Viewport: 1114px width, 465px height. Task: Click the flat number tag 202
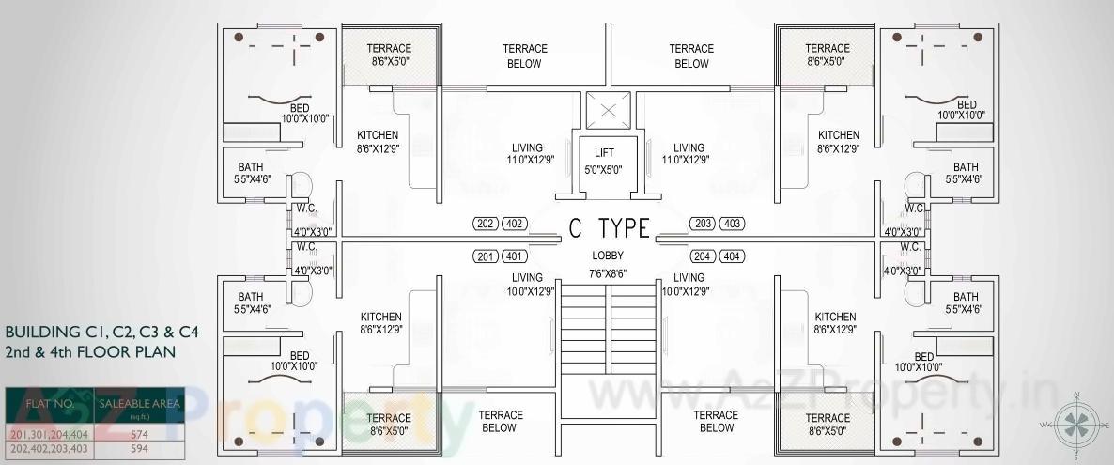pyautogui.click(x=486, y=225)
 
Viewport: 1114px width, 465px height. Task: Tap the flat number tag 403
pyautogui.click(x=733, y=225)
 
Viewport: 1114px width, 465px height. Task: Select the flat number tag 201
pyautogui.click(x=486, y=256)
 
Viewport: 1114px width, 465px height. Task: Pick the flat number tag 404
pyautogui.click(x=733, y=256)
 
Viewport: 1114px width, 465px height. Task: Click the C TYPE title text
pyautogui.click(x=609, y=227)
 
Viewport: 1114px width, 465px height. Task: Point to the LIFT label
pyautogui.click(x=604, y=153)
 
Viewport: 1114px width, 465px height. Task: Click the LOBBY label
pyautogui.click(x=608, y=256)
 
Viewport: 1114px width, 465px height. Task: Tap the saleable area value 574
pyautogui.click(x=140, y=435)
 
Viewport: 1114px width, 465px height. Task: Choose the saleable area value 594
pyautogui.click(x=140, y=449)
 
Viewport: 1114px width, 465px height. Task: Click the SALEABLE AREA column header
pyautogui.click(x=139, y=406)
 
